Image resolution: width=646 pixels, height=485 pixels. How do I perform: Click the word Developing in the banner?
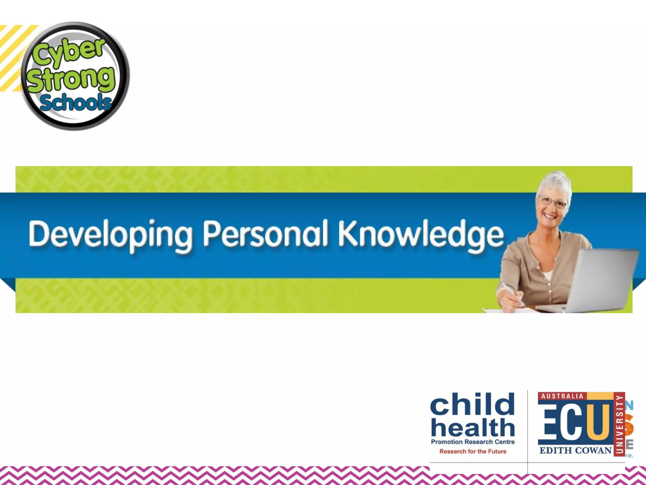[x=110, y=234]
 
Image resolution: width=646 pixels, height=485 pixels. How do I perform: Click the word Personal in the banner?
[x=266, y=234]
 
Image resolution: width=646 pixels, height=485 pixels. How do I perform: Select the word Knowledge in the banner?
[x=421, y=234]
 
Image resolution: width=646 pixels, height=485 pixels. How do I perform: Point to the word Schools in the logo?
[x=76, y=103]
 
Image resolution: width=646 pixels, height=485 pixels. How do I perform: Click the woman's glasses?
[x=553, y=202]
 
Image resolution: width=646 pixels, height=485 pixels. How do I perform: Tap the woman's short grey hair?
[x=555, y=183]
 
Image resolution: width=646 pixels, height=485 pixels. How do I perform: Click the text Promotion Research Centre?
[x=473, y=442]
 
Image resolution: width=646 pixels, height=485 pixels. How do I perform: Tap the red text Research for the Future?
[x=473, y=452]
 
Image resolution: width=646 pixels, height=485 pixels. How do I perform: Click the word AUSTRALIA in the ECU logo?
[x=562, y=396]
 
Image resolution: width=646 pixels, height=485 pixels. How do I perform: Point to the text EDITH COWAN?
[x=575, y=450]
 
